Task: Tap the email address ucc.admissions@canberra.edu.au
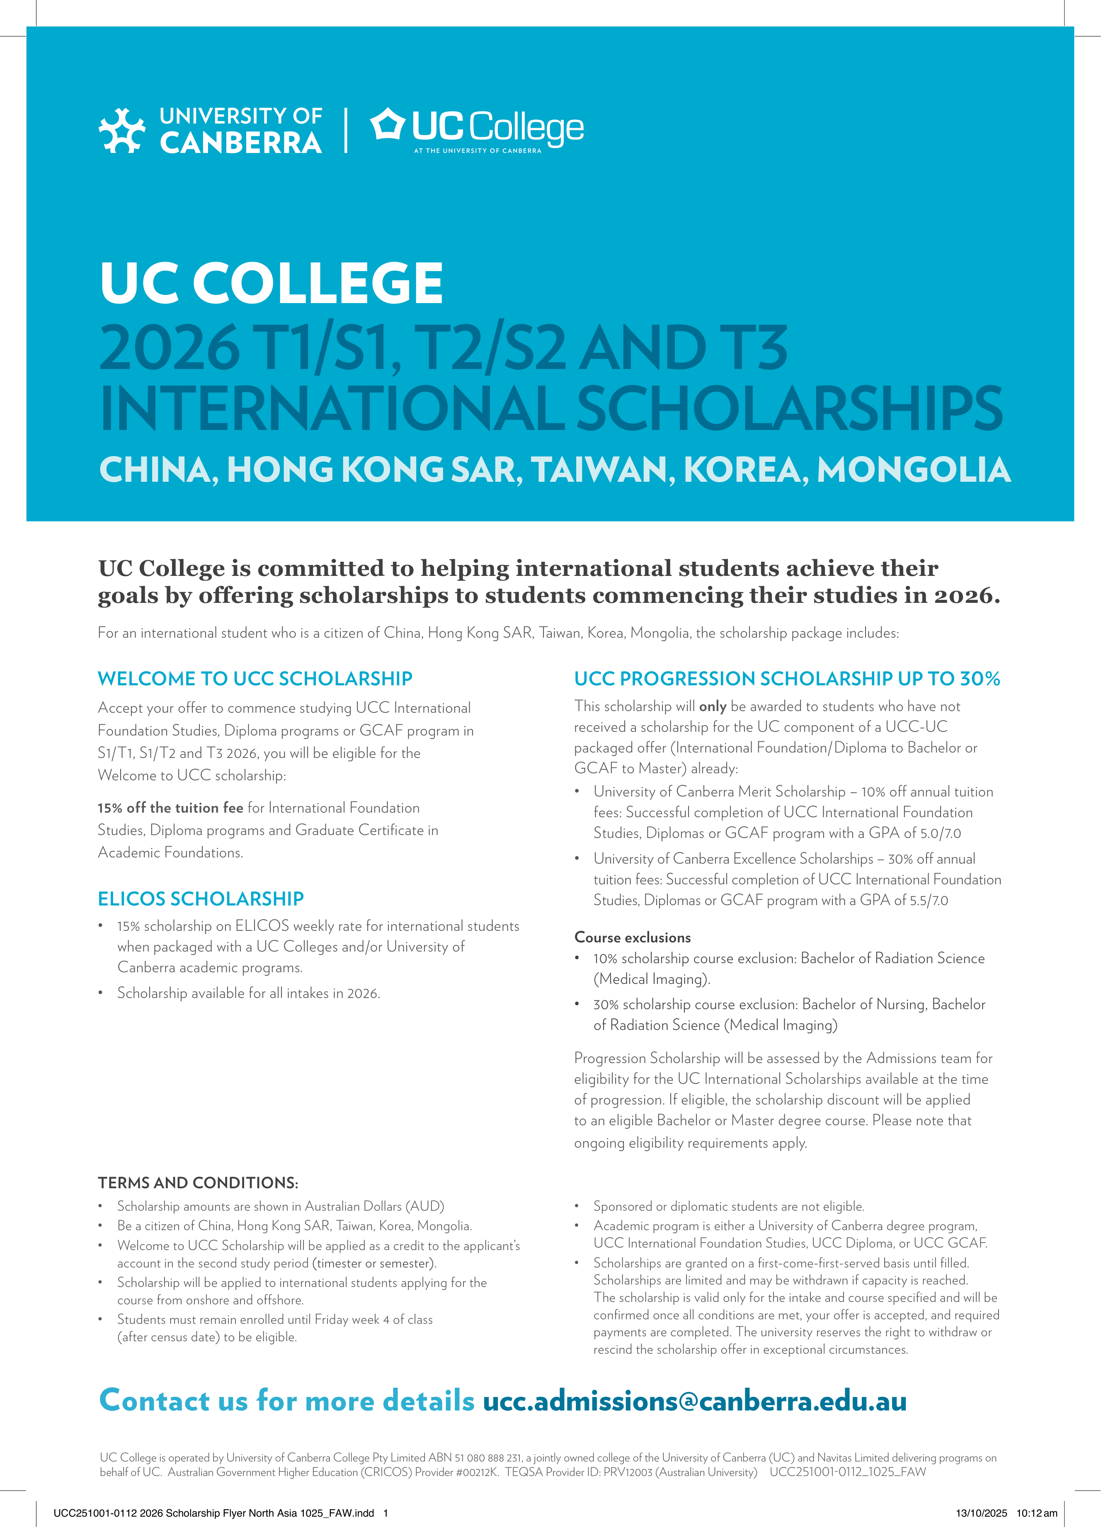coord(694,1401)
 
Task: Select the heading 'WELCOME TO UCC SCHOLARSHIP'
coord(255,679)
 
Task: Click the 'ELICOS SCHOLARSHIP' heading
coord(201,899)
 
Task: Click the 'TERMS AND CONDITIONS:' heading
coord(198,1183)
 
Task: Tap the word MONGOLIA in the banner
coord(913,470)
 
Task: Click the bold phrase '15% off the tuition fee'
coord(170,808)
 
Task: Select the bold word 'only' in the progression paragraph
coord(712,706)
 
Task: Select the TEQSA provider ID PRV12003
coord(628,1472)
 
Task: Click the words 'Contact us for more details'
coord(287,1401)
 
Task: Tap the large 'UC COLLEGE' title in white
coord(271,283)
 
